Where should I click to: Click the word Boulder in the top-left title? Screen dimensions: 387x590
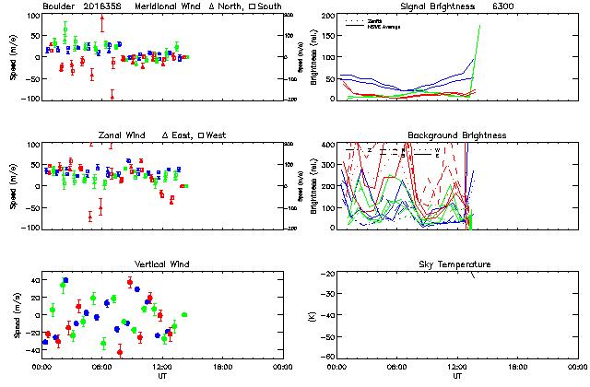59,6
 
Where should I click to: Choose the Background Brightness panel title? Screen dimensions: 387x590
457,135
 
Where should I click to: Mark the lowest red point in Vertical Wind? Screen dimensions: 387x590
120,351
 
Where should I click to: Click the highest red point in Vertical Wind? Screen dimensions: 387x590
130,282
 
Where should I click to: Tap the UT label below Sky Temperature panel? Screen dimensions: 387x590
457,376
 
